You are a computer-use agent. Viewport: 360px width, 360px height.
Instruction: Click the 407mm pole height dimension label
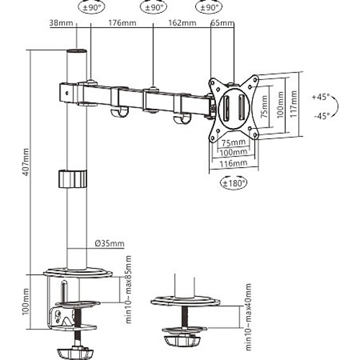pos(26,162)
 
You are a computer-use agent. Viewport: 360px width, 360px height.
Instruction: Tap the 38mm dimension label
pos(61,23)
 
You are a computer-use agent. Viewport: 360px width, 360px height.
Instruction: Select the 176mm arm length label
pos(122,23)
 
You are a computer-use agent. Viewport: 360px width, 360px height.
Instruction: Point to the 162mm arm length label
pos(182,23)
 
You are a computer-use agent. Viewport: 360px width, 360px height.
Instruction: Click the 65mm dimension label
pos(222,23)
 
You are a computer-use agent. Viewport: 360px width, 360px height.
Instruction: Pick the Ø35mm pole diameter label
pos(109,243)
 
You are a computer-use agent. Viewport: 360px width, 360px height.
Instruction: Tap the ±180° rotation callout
pos(234,184)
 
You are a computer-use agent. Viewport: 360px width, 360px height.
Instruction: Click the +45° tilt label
pos(321,97)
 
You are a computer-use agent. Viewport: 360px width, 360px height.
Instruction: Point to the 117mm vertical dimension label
pos(293,104)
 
